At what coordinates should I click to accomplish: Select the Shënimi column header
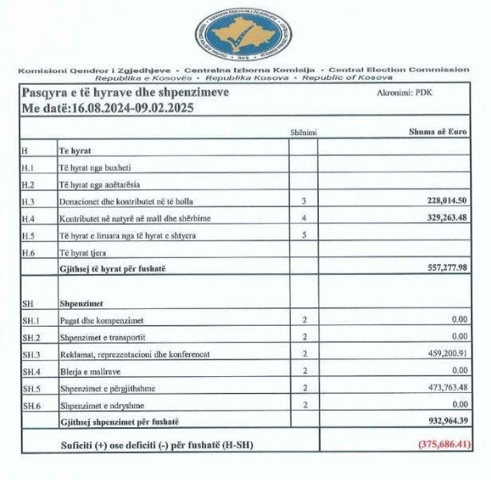(304, 131)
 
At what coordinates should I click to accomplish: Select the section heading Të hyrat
(74, 151)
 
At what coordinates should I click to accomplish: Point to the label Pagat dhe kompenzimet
(97, 320)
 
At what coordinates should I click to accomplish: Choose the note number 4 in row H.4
(304, 218)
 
